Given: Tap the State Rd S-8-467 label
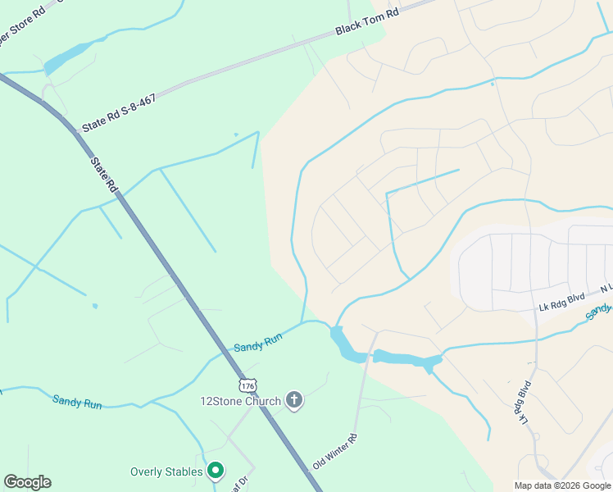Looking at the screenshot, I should point(119,112).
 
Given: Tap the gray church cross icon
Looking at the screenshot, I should point(293,400).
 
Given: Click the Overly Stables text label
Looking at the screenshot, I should point(166,471).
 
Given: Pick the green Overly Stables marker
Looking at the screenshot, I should point(216,471).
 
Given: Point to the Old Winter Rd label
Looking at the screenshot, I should point(334,451).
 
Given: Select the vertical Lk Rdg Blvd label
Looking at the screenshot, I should point(524,403).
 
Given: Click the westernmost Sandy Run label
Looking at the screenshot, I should point(77,402).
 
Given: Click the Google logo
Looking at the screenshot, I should point(27,482).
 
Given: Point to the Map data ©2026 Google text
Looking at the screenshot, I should point(563,485).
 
